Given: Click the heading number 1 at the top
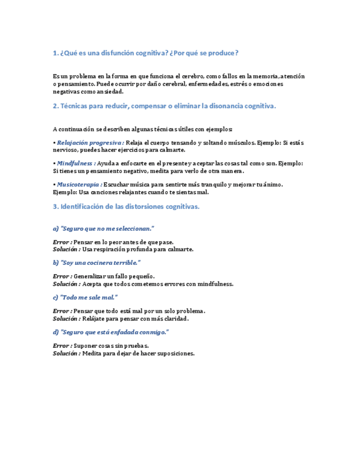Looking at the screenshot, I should [55, 53].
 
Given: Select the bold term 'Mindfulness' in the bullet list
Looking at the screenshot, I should [76, 163].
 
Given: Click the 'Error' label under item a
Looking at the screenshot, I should [62, 242].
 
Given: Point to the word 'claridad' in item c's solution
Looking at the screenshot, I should [175, 319].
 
